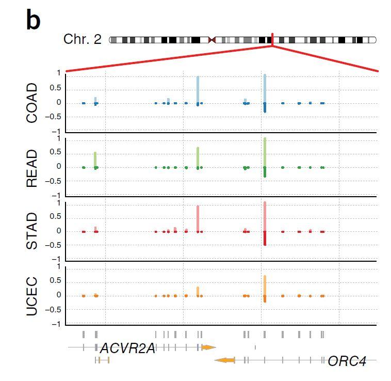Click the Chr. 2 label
click(82, 39)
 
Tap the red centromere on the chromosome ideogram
click(211, 40)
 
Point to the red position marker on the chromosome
click(272, 39)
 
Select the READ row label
click(32, 168)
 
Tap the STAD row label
click(32, 231)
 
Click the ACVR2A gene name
click(127, 348)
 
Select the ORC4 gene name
click(347, 361)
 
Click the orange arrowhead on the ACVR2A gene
click(208, 347)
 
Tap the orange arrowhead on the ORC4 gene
click(224, 360)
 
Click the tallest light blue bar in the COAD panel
click(265, 88)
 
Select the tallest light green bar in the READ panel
click(265, 152)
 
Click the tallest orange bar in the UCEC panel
click(265, 285)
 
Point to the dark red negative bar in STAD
click(265, 238)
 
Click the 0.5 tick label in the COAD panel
click(56, 88)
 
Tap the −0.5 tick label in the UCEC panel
click(53, 310)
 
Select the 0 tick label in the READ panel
click(59, 167)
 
